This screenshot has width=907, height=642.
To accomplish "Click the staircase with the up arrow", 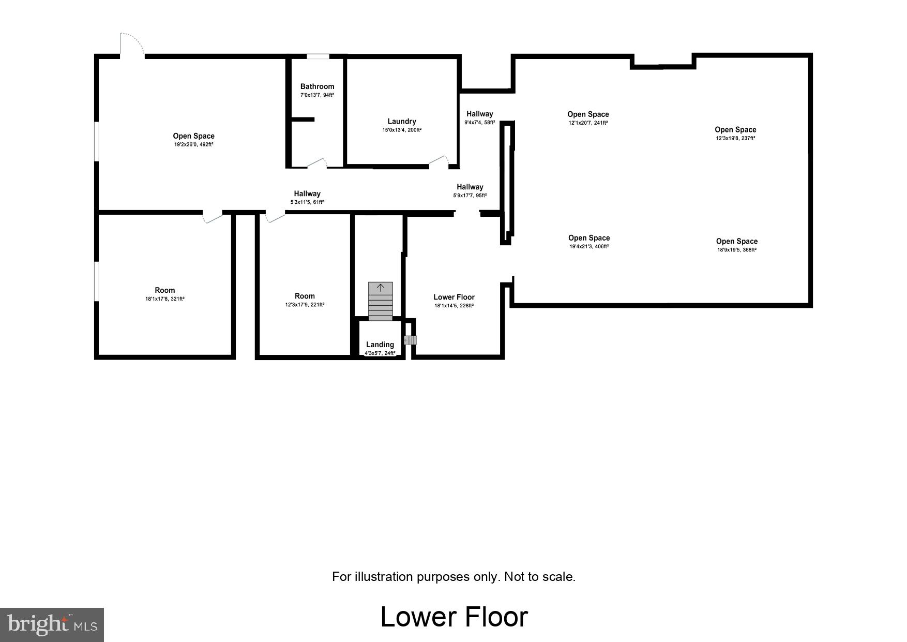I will point(380,301).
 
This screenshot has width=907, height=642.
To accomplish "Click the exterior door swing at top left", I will point(132,44).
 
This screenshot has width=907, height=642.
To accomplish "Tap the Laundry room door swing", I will point(439,161).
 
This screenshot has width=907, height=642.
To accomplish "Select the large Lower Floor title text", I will point(454,617).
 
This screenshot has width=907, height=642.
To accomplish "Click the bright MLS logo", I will point(52,624).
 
